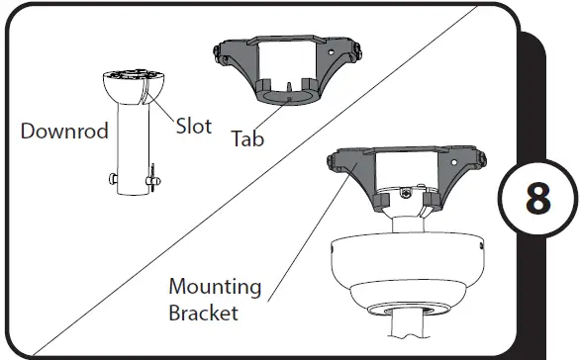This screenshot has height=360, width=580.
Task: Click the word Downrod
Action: (x=64, y=131)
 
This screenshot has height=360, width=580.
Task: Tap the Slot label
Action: (x=193, y=126)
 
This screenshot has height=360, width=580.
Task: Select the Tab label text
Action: (x=247, y=138)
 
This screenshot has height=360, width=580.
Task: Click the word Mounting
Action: (x=215, y=288)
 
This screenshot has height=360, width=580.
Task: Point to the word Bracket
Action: (x=203, y=313)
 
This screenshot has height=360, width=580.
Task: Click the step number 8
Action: (x=537, y=199)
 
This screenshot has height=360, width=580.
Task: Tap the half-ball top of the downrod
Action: (x=134, y=87)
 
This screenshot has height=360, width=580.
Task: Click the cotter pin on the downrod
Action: (x=152, y=178)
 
